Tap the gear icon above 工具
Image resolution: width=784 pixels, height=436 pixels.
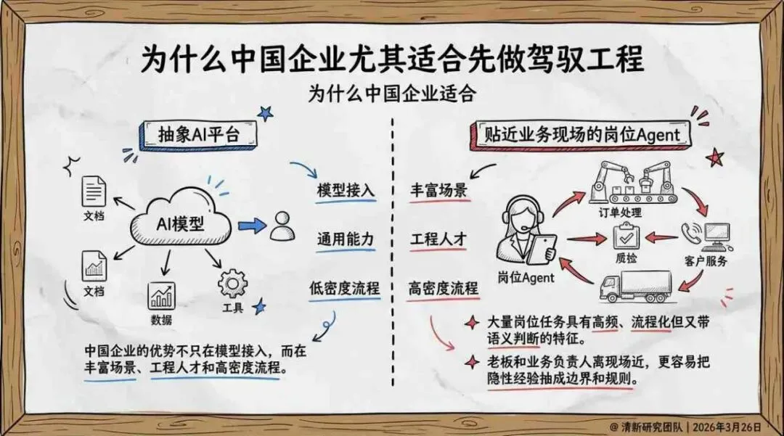point(233,283)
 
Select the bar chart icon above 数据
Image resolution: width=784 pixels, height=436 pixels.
point(161,296)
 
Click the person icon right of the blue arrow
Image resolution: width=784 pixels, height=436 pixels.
point(282,226)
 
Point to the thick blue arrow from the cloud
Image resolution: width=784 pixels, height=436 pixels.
point(252,226)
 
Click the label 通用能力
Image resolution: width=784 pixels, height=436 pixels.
point(346,239)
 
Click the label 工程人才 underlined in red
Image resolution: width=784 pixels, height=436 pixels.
point(439,239)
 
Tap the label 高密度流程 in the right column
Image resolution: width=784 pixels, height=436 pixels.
point(442,288)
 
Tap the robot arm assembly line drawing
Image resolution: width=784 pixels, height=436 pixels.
point(630,184)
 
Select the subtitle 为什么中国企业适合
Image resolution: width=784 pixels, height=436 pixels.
point(391,94)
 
